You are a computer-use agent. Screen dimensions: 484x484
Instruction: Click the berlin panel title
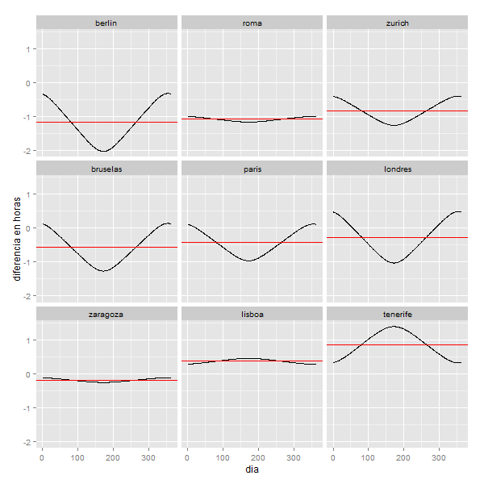106,23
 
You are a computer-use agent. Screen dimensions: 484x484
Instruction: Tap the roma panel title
252,23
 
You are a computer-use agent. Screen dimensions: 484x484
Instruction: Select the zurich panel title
397,23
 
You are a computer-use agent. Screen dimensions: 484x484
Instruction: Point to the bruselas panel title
106,169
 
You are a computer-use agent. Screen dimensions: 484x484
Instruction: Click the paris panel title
252,169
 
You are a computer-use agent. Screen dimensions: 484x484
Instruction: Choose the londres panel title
397,169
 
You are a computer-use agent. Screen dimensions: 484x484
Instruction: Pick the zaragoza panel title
106,314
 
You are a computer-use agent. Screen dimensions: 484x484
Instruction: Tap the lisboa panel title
252,314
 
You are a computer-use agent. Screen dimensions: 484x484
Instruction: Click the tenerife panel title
397,314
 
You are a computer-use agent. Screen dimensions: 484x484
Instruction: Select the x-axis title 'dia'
252,468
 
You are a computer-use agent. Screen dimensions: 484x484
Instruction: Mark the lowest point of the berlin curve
103,151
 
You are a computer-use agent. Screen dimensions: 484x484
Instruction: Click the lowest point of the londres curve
394,263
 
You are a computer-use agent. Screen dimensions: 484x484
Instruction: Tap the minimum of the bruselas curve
103,271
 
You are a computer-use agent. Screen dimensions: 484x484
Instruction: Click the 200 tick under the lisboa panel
258,457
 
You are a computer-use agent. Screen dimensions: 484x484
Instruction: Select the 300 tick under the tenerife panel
439,457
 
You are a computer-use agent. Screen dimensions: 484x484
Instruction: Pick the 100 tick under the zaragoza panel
77,457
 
